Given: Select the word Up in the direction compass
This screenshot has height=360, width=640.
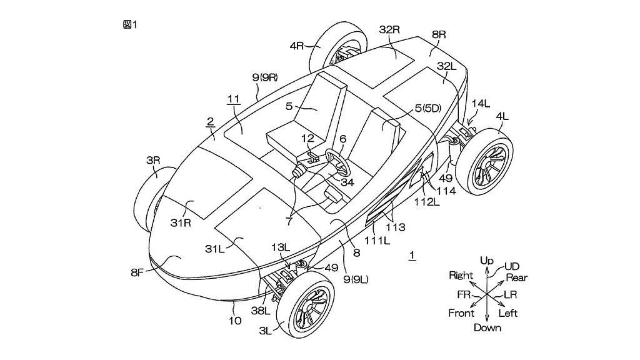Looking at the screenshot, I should pos(487,259).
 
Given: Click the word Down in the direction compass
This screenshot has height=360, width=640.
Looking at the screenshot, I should pos(487,327).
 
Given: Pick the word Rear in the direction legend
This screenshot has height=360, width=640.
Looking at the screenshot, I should pos(516,277).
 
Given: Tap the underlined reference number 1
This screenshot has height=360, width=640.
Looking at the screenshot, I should pos(411,254).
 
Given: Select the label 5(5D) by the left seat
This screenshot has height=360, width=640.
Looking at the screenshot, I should pos(427,109).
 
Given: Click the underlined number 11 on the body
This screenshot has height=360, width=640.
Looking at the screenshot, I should pos(232,99).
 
